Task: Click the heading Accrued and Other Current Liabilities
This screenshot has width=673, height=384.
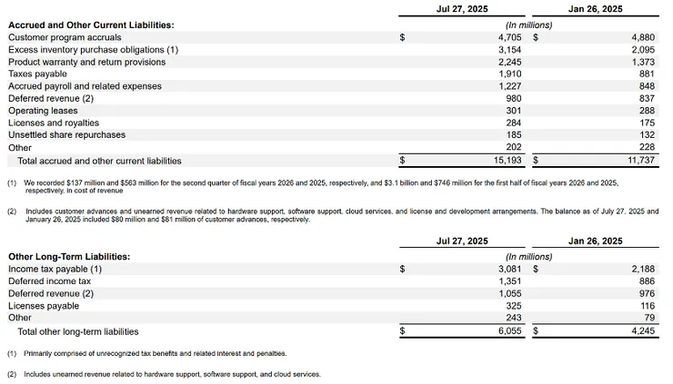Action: point(90,25)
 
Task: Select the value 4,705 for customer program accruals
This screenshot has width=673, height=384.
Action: point(509,37)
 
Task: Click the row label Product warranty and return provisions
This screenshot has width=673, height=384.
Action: point(86,62)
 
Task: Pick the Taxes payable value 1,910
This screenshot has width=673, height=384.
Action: point(510,74)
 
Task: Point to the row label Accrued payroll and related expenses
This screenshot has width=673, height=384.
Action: point(85,86)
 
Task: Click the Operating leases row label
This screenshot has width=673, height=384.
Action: point(41,111)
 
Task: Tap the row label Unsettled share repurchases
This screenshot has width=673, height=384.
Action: point(66,135)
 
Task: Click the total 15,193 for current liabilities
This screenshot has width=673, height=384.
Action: point(507,161)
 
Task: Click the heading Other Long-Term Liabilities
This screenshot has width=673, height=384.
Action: point(68,257)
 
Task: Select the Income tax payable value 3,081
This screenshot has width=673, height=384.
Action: point(509,269)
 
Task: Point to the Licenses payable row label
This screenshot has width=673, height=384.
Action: point(44,306)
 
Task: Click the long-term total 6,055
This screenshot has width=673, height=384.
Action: point(509,331)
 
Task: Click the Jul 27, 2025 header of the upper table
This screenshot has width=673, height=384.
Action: point(462,9)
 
